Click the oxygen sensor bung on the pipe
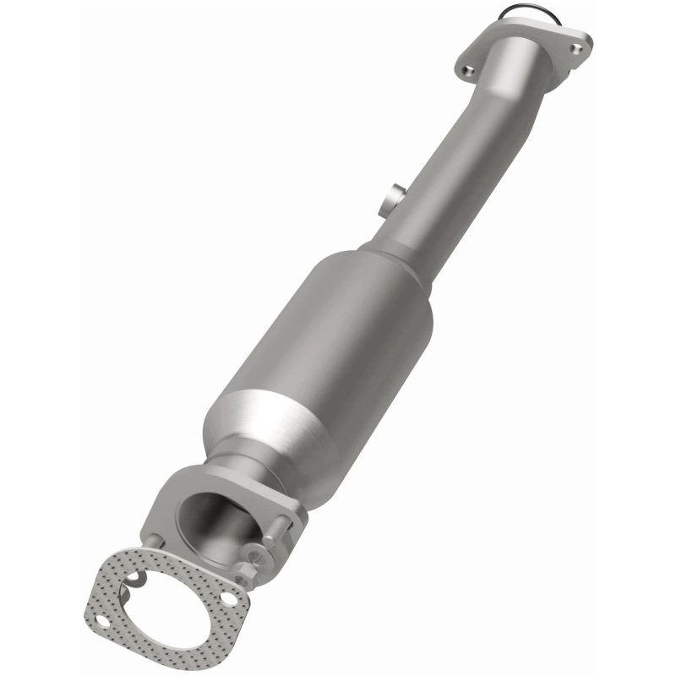[x=390, y=201]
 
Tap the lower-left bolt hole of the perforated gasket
[x=102, y=621]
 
